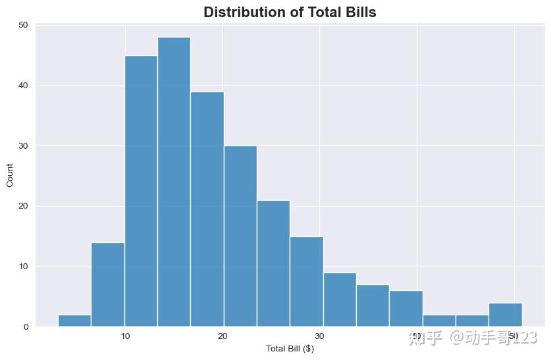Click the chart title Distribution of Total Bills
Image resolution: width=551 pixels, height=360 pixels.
pyautogui.click(x=290, y=12)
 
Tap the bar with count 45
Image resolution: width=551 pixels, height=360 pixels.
pyautogui.click(x=141, y=191)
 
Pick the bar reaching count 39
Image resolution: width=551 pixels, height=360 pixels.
pyautogui.click(x=207, y=209)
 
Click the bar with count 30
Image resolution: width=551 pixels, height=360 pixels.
pyautogui.click(x=240, y=236)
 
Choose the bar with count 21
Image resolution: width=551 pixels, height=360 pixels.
pyautogui.click(x=273, y=263)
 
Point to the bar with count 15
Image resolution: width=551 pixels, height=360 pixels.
pyautogui.click(x=306, y=282)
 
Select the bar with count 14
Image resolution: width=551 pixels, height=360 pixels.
pyautogui.click(x=108, y=284)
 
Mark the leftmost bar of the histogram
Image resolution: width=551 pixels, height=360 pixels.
pyautogui.click(x=74, y=321)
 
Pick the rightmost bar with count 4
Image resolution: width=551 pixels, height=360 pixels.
pyautogui.click(x=505, y=315)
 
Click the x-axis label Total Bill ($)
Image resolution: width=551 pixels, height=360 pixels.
pyautogui.click(x=290, y=348)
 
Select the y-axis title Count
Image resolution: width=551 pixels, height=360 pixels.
pyautogui.click(x=10, y=176)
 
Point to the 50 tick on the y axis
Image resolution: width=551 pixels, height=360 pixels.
pyautogui.click(x=23, y=25)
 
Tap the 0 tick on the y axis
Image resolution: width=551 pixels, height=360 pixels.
pyautogui.click(x=25, y=327)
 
